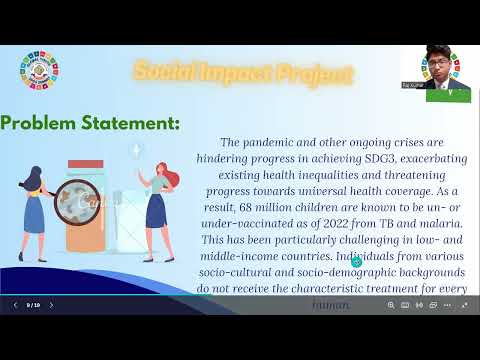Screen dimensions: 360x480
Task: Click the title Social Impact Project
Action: coord(243,73)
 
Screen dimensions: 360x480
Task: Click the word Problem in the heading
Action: coord(45,124)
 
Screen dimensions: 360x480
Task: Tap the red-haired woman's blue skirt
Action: coord(156,211)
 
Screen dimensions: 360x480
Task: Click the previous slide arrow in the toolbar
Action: coord(14,305)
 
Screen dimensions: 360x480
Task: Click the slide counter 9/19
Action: coord(33,305)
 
